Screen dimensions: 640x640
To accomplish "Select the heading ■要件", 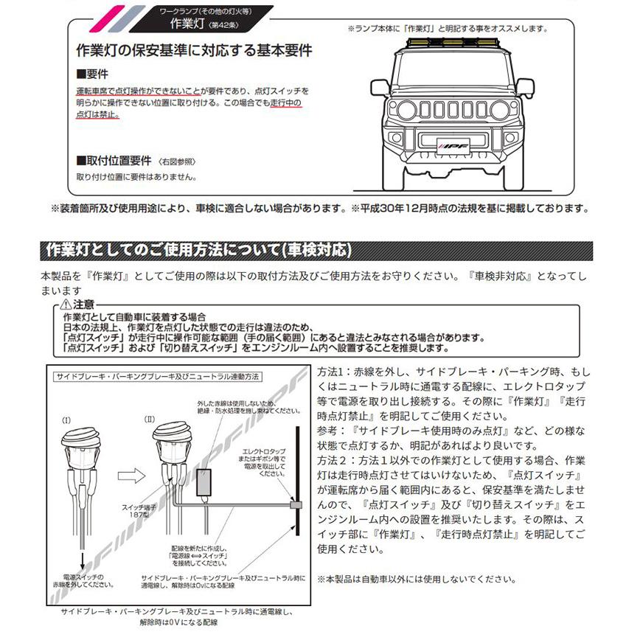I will pyautogui.click(x=92, y=76).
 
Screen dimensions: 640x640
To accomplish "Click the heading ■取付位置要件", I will pyautogui.click(x=114, y=161).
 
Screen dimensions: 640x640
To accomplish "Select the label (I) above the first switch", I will pyautogui.click(x=66, y=420).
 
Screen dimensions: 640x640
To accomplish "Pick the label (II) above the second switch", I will pyautogui.click(x=150, y=420).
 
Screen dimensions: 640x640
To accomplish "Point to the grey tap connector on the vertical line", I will pyautogui.click(x=296, y=507).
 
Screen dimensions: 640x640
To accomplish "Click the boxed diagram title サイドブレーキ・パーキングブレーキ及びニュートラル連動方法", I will pyautogui.click(x=156, y=376).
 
